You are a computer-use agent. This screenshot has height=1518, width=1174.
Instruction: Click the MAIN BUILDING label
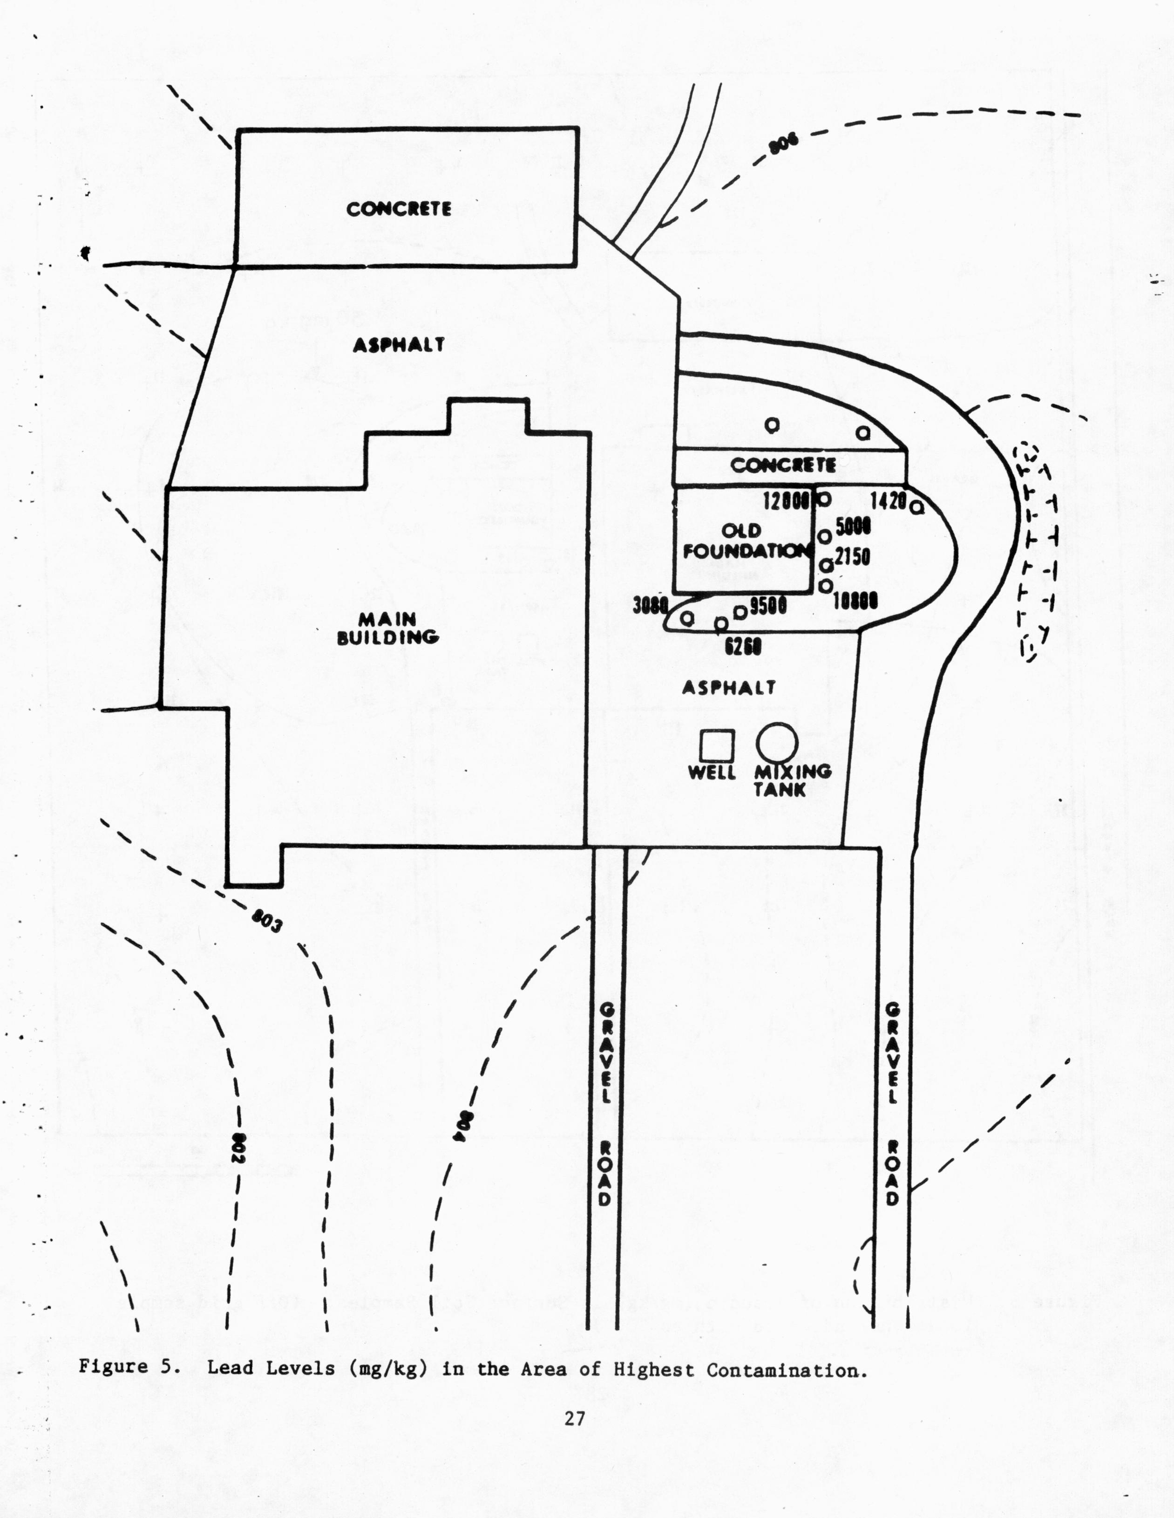tap(387, 628)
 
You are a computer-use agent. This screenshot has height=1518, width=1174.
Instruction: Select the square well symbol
tap(716, 746)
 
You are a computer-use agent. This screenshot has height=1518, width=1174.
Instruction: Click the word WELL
tap(712, 772)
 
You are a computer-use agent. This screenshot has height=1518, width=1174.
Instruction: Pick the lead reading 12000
tap(787, 500)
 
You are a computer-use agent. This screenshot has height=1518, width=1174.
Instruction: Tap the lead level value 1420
tap(888, 500)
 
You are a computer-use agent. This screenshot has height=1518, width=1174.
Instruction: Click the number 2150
tap(852, 557)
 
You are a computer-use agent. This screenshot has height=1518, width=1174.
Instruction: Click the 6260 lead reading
tap(743, 646)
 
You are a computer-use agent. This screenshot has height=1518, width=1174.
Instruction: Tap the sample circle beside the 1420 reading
tap(916, 508)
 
